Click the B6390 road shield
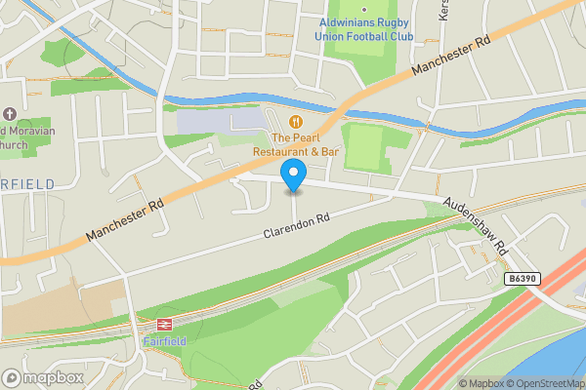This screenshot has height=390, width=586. click(x=523, y=279)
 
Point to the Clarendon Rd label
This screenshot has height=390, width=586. click(x=297, y=226)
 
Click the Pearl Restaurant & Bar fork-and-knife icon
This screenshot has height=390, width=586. click(x=296, y=121)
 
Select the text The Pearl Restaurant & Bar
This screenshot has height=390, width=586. click(x=295, y=145)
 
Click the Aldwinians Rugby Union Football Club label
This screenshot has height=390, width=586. click(x=364, y=29)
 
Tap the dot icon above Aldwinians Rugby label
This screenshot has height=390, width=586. click(x=364, y=9)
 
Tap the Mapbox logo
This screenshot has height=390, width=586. click(x=43, y=377)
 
